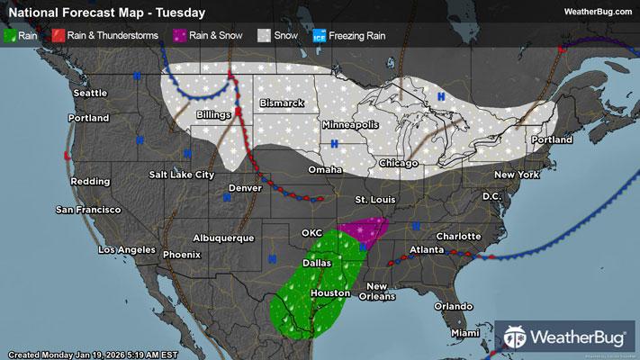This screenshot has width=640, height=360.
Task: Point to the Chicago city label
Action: click(x=399, y=163)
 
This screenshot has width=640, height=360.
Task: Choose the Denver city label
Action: click(x=245, y=188)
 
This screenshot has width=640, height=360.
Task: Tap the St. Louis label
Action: click(x=374, y=198)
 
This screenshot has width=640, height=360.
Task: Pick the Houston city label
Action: click(x=329, y=293)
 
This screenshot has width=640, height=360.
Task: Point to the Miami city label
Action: click(x=465, y=334)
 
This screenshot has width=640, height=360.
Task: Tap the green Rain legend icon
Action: click(x=10, y=36)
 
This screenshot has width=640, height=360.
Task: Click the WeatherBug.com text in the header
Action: click(x=595, y=12)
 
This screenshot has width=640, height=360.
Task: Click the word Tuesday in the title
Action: click(x=179, y=13)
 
